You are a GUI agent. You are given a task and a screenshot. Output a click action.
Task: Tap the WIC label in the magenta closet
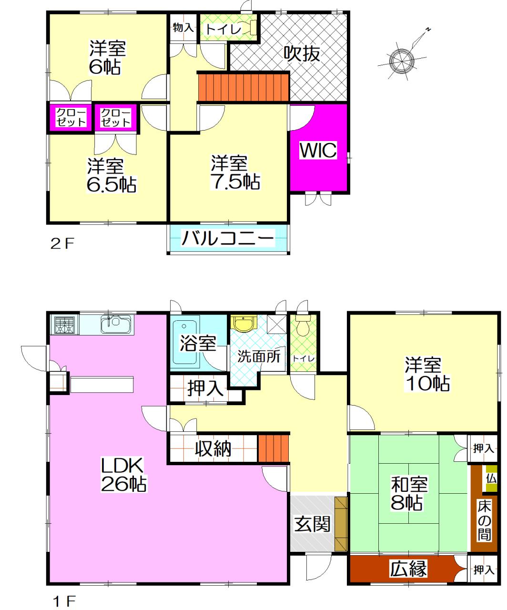click(318, 150)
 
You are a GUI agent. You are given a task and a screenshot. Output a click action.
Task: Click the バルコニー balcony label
click(228, 238)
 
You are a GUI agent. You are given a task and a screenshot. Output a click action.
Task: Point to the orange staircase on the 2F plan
click(243, 87)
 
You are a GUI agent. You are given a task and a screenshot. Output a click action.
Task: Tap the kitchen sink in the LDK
click(116, 325)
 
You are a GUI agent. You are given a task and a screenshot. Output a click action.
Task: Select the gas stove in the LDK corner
click(64, 325)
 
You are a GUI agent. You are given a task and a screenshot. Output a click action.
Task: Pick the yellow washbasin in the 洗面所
click(243, 323)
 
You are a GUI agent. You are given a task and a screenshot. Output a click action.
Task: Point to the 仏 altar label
click(491, 479)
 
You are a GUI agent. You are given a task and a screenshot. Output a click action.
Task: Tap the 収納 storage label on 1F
click(213, 448)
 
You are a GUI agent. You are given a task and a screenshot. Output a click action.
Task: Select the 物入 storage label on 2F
click(183, 28)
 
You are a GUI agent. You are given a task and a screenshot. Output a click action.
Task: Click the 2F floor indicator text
click(62, 244)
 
